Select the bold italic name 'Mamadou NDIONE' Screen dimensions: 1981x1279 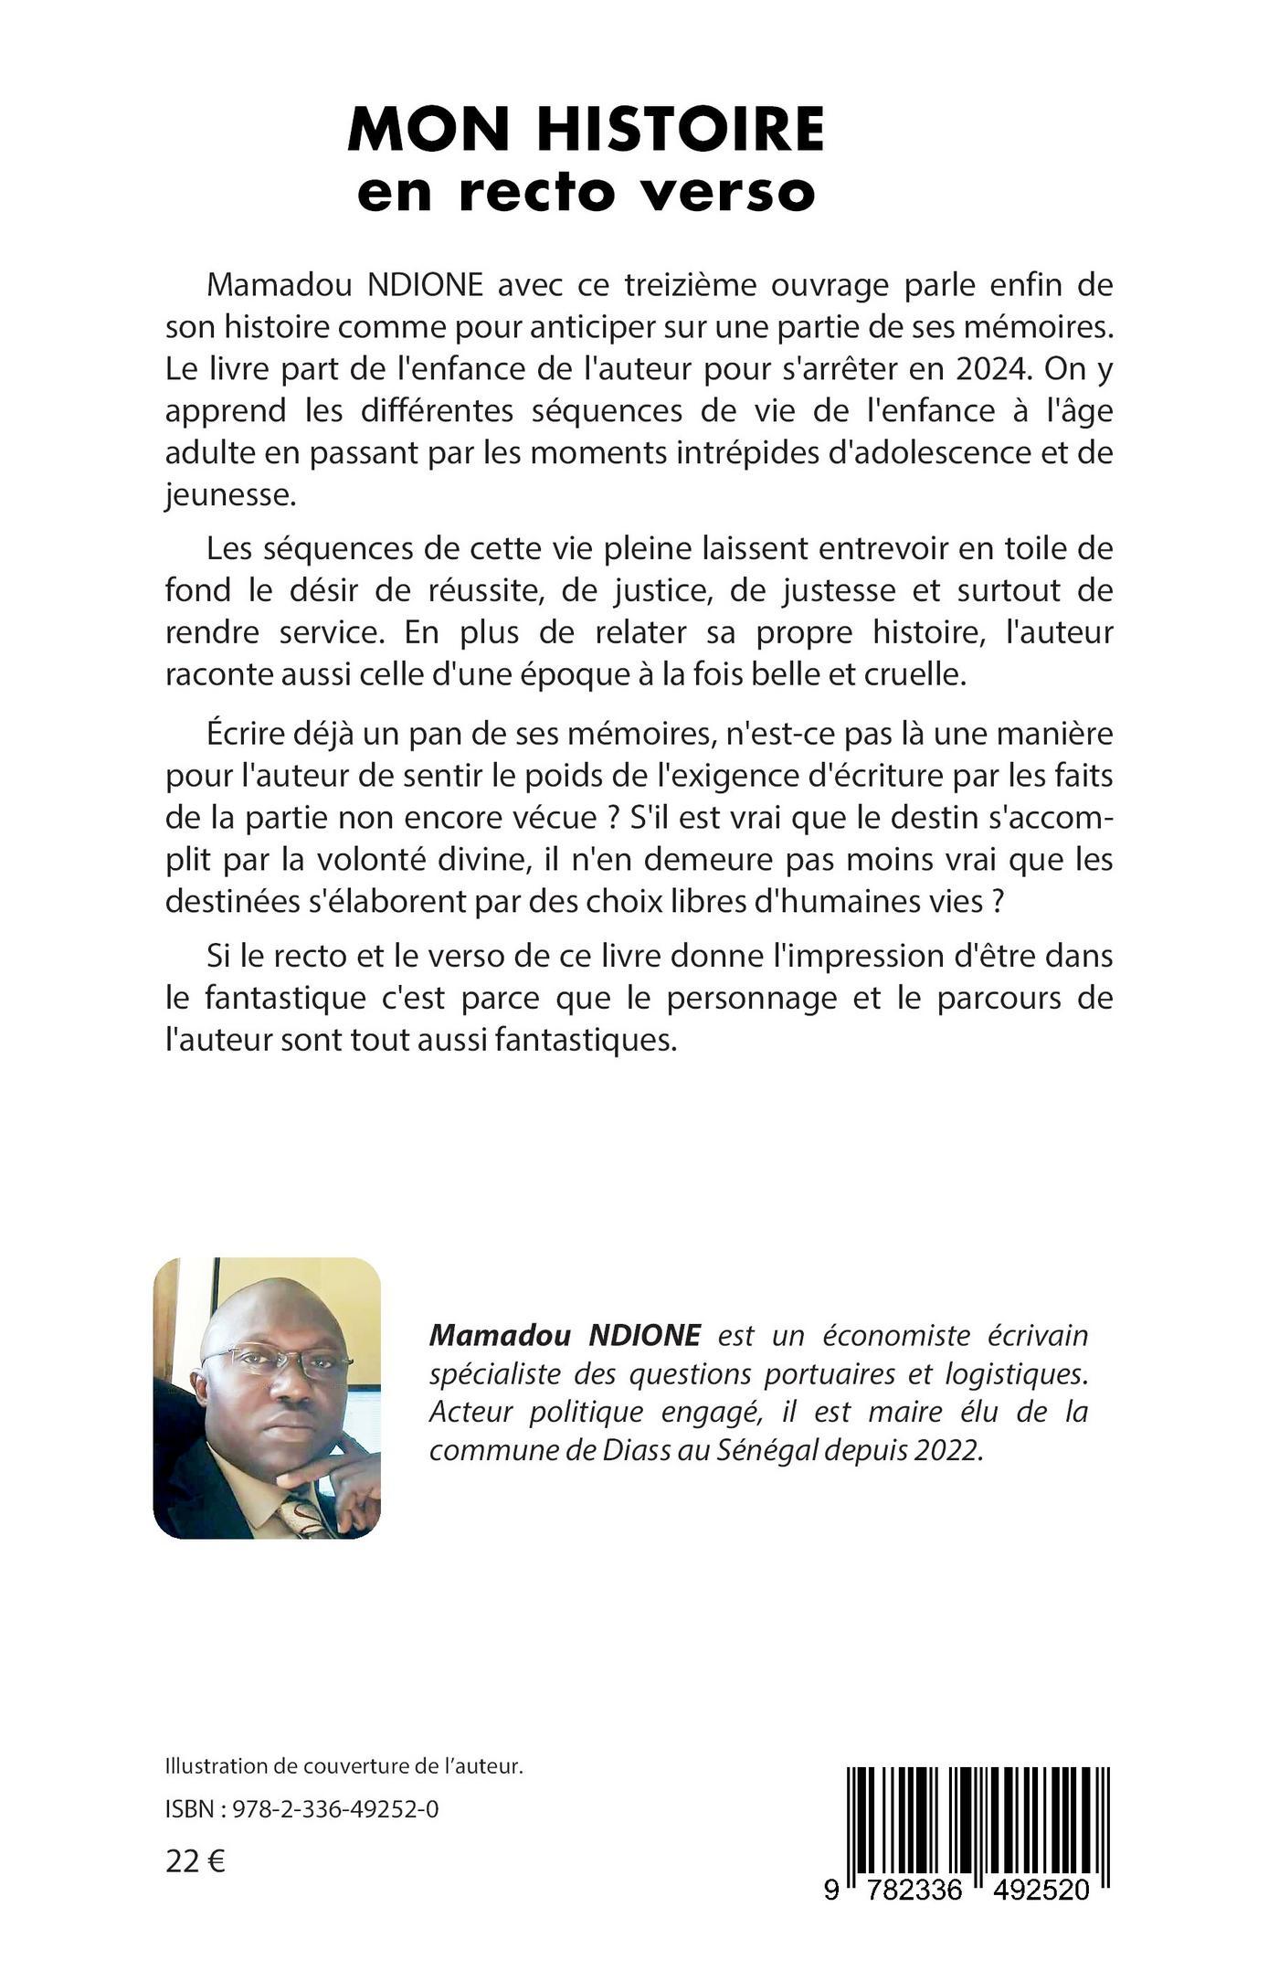[565, 1336]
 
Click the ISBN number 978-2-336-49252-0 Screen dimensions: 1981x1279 [333, 1808]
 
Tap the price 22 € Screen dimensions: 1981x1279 [196, 1861]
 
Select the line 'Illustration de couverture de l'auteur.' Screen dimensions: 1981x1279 [344, 1766]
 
